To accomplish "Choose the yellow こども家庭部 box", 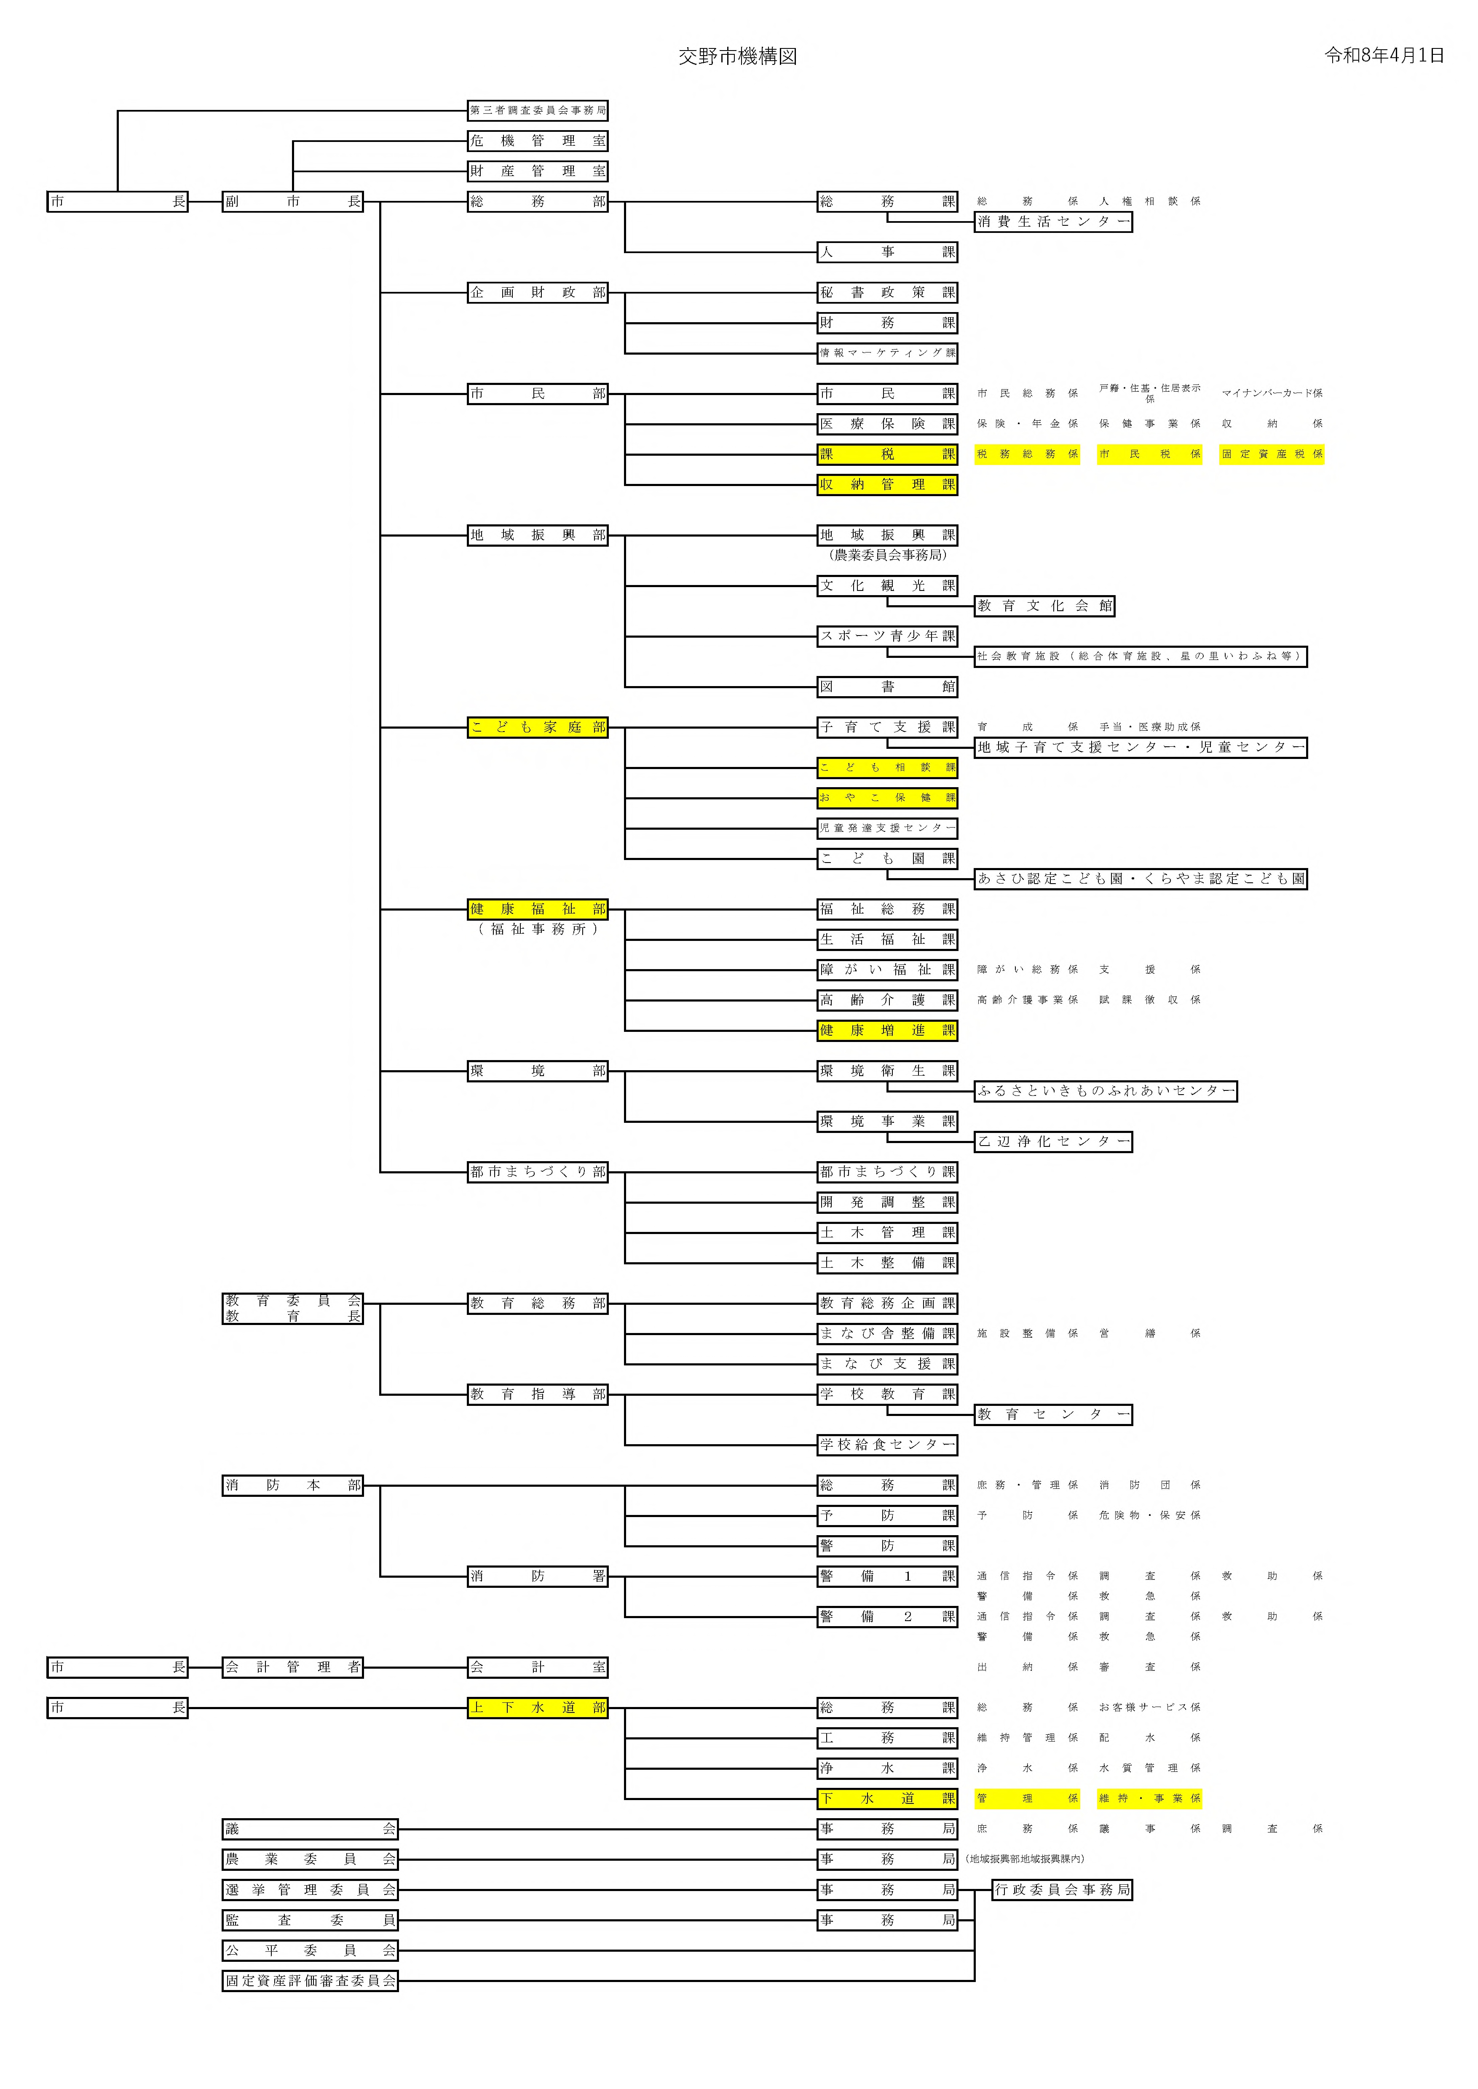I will (x=537, y=727).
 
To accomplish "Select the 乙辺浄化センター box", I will (x=1053, y=1141).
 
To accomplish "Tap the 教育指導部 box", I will (x=537, y=1394).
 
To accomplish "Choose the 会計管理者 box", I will (x=292, y=1667).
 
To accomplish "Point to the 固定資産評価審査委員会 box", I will (x=311, y=1980).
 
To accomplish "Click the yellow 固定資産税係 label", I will (x=1272, y=454).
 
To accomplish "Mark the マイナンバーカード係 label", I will (x=1272, y=393).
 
